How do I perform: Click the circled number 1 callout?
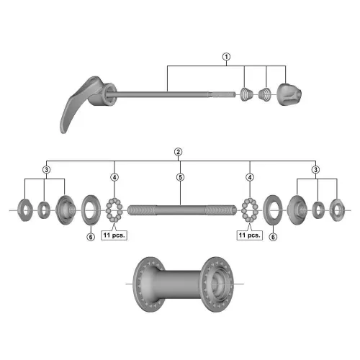click(226, 57)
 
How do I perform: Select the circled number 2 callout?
click(178, 152)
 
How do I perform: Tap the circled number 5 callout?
click(180, 177)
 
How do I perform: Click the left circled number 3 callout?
click(46, 170)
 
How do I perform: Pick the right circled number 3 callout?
click(315, 170)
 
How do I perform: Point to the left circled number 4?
click(114, 177)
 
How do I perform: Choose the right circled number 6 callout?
click(273, 237)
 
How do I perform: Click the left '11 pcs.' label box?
click(114, 235)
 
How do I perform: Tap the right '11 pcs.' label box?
click(250, 235)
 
